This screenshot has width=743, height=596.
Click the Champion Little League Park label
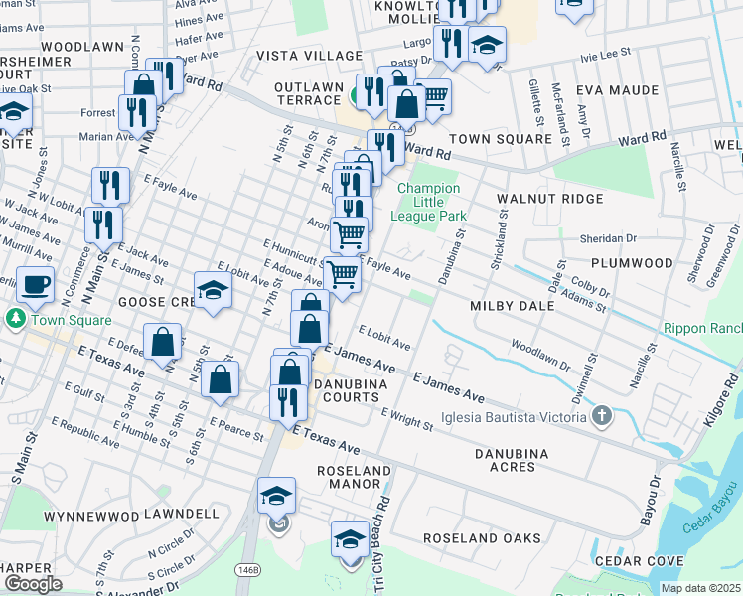pos(429,202)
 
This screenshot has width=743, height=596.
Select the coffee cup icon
pos(37,283)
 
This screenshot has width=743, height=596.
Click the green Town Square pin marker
pos(14,320)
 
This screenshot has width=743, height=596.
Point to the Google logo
pos(33,584)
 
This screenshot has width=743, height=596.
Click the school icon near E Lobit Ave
pos(213,290)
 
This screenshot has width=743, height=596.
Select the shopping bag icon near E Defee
pos(163,342)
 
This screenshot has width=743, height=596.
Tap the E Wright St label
pos(406,420)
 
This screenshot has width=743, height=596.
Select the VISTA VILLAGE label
pos(309,55)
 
